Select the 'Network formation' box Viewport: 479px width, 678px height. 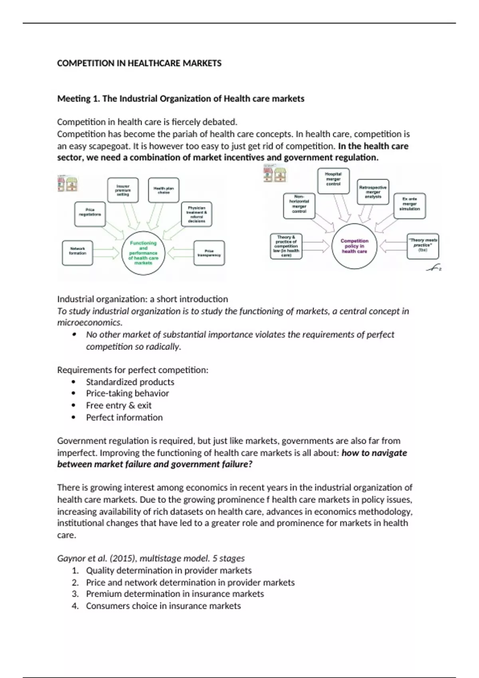tap(77, 253)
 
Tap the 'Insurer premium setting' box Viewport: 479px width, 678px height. tap(123, 190)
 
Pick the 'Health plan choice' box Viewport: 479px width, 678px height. tap(164, 190)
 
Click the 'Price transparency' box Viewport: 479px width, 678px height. tap(209, 253)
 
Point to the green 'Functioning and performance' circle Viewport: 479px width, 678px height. tap(143, 253)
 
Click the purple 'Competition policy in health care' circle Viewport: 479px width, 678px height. tap(354, 246)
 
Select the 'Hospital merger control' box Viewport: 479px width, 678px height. tap(333, 181)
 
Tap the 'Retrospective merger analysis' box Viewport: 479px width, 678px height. tap(373, 192)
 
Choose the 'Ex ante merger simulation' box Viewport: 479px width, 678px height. tap(410, 206)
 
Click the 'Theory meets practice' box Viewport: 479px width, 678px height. tap(423, 246)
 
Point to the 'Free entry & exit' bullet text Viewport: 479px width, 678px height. tap(119, 405)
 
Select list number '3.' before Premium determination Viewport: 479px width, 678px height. tap(75, 594)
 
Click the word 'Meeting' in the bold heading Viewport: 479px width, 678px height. tap(73, 99)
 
